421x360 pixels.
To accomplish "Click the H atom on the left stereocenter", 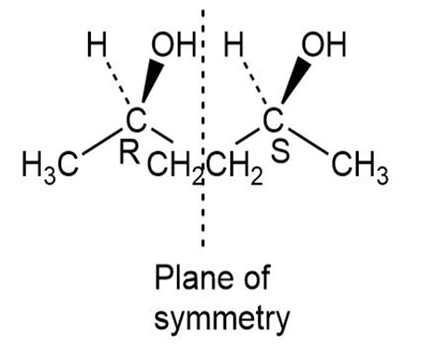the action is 96,45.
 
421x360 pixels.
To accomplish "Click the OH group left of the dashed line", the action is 173,45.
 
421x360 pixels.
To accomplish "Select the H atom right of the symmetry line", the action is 234,45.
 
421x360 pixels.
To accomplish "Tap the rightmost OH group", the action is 324,45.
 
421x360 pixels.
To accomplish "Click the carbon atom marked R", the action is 136,120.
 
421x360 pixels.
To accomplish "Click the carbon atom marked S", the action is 273,120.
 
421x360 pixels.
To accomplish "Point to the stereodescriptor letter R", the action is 129,152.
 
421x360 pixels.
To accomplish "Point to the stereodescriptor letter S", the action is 280,151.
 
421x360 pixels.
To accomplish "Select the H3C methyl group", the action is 50,165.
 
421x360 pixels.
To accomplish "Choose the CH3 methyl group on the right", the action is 360,165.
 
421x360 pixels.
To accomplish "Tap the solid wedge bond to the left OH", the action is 152,81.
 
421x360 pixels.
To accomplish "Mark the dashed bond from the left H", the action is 118,83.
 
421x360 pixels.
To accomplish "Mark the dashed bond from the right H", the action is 255,83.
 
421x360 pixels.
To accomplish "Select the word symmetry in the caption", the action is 222,321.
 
